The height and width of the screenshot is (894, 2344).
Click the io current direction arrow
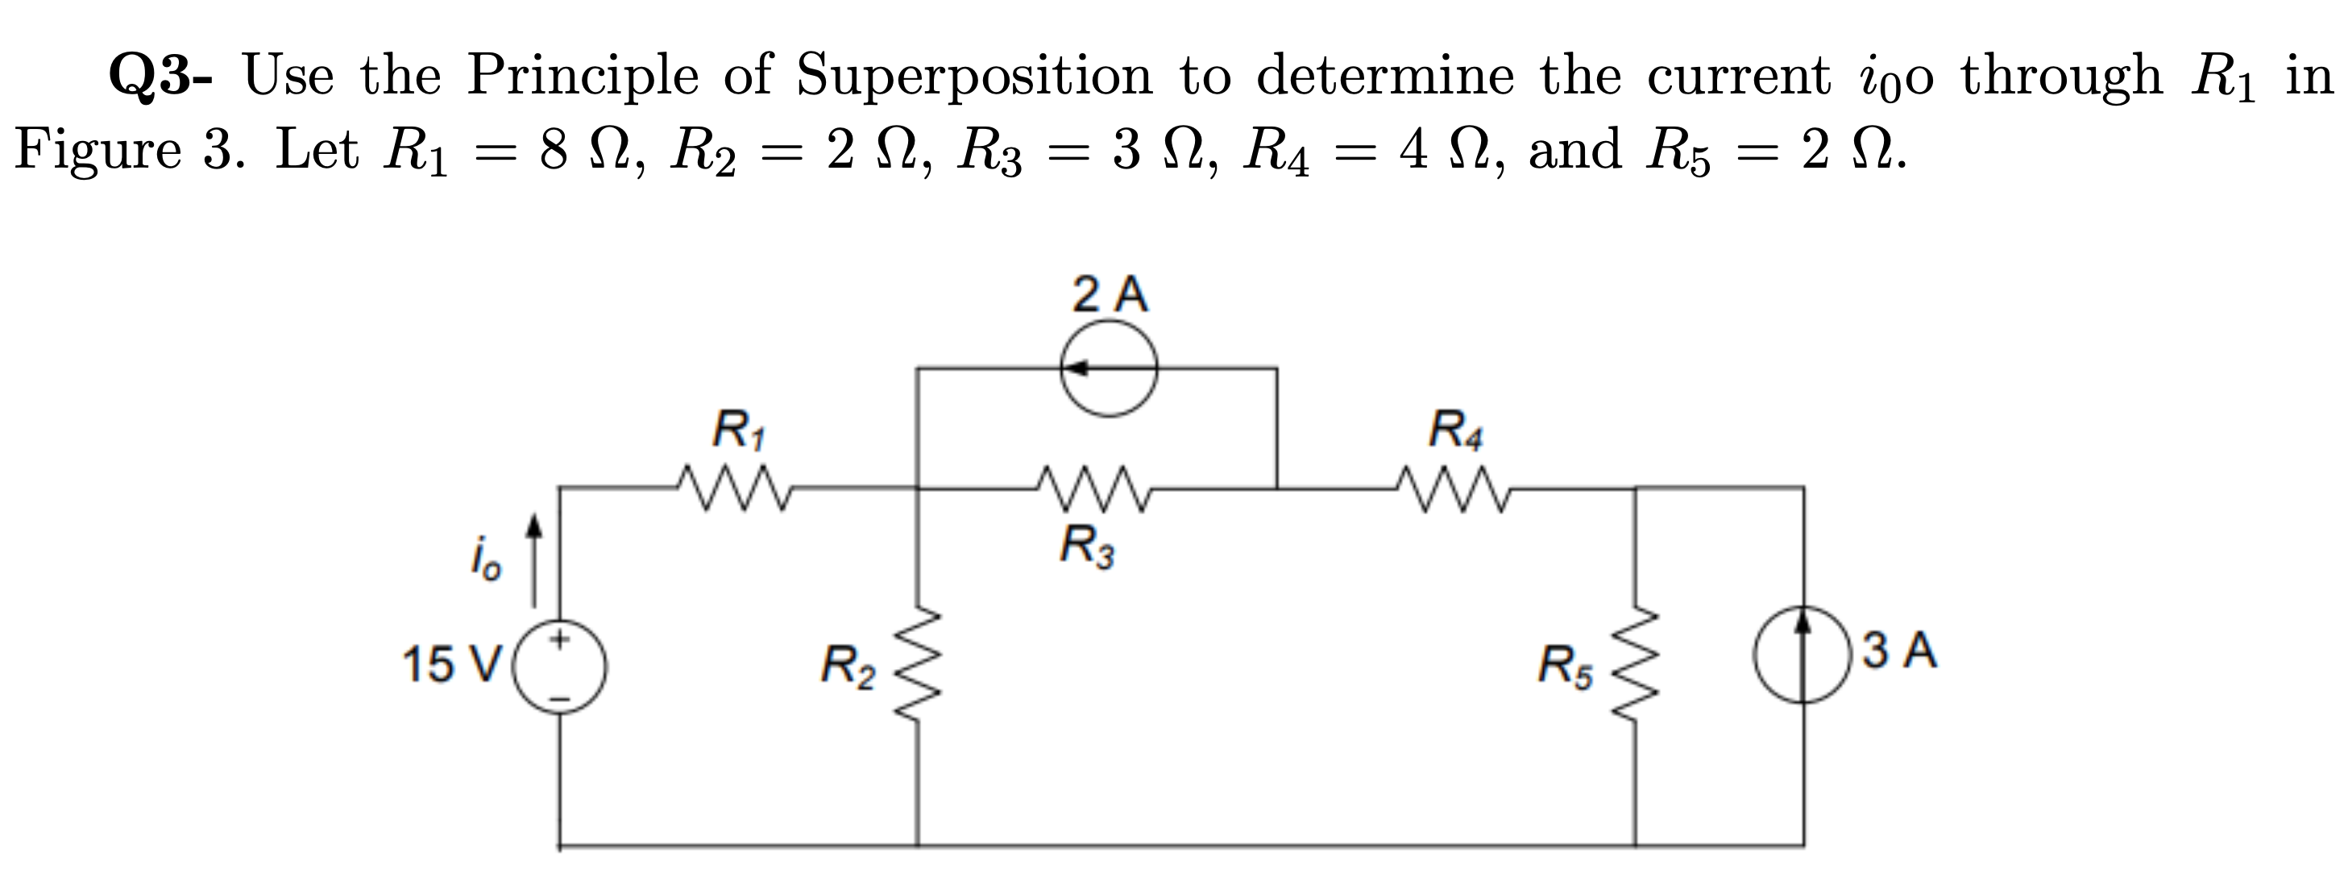point(536,562)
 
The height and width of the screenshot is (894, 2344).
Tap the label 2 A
point(1110,295)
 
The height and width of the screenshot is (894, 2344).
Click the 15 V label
point(452,664)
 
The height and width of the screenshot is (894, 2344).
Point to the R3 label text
point(1087,548)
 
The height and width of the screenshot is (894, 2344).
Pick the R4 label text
point(1455,430)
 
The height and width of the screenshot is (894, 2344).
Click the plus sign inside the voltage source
point(562,640)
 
